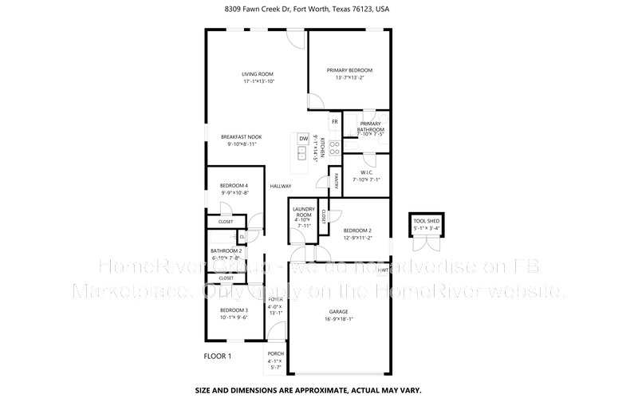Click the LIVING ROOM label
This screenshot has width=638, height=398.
coord(258,74)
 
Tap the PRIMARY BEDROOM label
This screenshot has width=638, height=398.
coord(349,70)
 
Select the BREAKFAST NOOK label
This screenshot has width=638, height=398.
coord(241,137)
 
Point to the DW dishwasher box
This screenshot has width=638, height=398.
coord(303,139)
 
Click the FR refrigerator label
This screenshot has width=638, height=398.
coord(335,121)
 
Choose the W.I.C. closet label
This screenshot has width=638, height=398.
coord(367,172)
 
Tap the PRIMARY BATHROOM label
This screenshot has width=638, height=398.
coord(371,127)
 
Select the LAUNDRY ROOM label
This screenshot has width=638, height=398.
coord(303,212)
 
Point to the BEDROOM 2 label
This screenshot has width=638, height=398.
coord(357,231)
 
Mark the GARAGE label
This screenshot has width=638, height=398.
coord(340,311)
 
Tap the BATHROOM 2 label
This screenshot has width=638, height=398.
coord(226,250)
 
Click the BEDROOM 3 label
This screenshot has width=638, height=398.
coord(234,309)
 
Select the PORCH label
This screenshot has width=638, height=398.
coord(275,353)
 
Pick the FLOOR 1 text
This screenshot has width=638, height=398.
coord(217,355)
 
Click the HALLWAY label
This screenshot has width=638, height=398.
coord(280,186)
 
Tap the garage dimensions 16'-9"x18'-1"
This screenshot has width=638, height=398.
coord(340,318)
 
